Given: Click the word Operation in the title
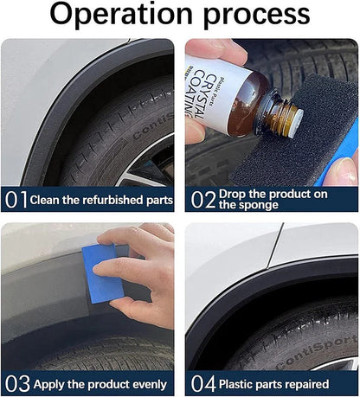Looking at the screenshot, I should (121, 15).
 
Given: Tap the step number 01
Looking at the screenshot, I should (16, 200).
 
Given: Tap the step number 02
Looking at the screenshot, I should (202, 200).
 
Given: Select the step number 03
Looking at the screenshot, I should (16, 383).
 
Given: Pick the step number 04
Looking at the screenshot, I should (202, 383).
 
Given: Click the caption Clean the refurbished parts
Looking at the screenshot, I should (101, 200).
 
